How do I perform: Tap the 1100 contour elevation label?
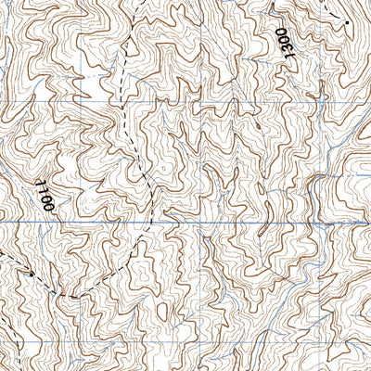coord(47,193)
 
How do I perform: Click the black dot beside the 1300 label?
coord(345,21)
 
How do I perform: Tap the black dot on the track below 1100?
coord(30,275)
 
